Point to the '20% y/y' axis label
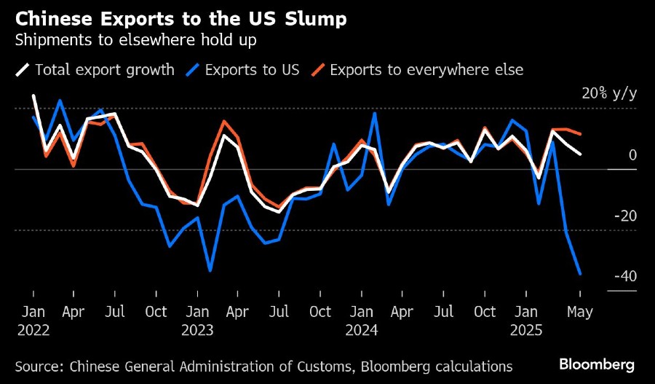(x=609, y=94)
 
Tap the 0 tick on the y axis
(x=632, y=155)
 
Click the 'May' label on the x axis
(x=580, y=312)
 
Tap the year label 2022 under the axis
(x=33, y=330)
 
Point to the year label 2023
(x=197, y=330)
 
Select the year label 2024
(x=362, y=330)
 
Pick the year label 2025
(x=525, y=330)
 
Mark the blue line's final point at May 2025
(x=580, y=274)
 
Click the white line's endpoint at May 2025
(x=580, y=154)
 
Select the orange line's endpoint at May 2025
(x=580, y=134)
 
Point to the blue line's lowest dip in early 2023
(x=210, y=271)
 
